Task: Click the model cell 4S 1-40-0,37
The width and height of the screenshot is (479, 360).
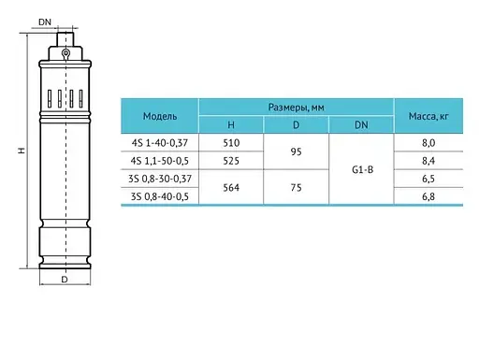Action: point(160,143)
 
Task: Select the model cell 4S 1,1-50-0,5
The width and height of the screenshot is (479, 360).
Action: point(160,161)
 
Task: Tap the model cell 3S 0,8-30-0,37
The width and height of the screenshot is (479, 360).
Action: point(160,179)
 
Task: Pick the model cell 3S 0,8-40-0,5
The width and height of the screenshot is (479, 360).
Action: point(160,196)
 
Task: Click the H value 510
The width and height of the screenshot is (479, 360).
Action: point(231,143)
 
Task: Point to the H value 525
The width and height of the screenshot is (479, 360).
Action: point(231,161)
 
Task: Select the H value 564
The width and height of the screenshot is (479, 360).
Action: point(231,188)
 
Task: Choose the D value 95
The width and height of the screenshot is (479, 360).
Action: point(296,151)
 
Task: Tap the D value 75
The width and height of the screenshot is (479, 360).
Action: point(296,188)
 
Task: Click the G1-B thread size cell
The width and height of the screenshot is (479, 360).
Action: point(362,170)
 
